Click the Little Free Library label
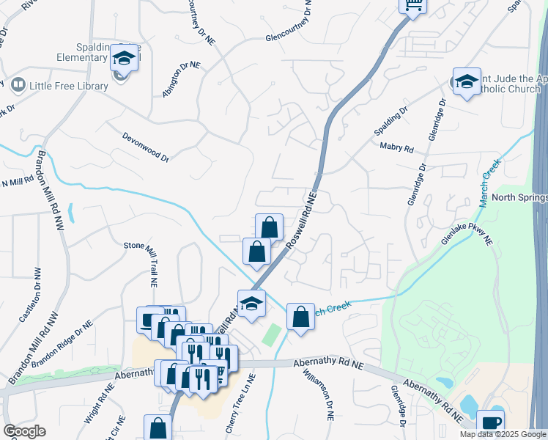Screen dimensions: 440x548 click(68, 86)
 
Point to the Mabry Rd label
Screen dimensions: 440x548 click(396, 147)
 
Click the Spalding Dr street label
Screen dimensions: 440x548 click(390, 121)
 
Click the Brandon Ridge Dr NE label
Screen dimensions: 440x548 click(62, 345)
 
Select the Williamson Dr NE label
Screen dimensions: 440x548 click(322, 392)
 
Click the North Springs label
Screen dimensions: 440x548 click(519, 198)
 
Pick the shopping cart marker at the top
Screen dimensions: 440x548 click(413, 6)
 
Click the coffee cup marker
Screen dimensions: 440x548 click(490, 423)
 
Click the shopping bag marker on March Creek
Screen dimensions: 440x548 click(300, 318)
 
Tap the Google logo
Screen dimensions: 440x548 click(24, 431)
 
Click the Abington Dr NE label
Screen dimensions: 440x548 click(182, 79)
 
